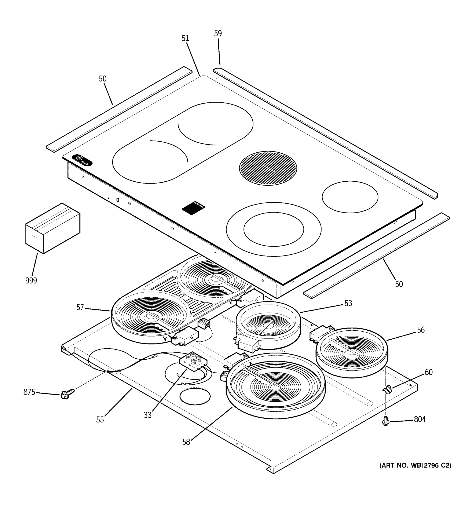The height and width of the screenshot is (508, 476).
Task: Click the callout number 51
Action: point(185,38)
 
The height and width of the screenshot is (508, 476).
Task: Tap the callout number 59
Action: point(218,33)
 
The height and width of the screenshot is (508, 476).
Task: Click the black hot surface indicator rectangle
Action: point(193,207)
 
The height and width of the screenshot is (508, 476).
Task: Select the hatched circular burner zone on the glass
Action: point(268,168)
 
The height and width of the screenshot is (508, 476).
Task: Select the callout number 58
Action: point(186,442)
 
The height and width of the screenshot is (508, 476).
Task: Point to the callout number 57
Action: point(80,307)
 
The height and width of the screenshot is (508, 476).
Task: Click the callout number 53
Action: point(348,303)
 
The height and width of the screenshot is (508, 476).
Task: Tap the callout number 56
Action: point(421,330)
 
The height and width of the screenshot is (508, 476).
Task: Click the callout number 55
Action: point(100,420)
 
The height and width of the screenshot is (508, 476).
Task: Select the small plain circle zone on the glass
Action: point(350,197)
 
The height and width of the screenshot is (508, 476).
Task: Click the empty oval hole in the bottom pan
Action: point(195,397)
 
